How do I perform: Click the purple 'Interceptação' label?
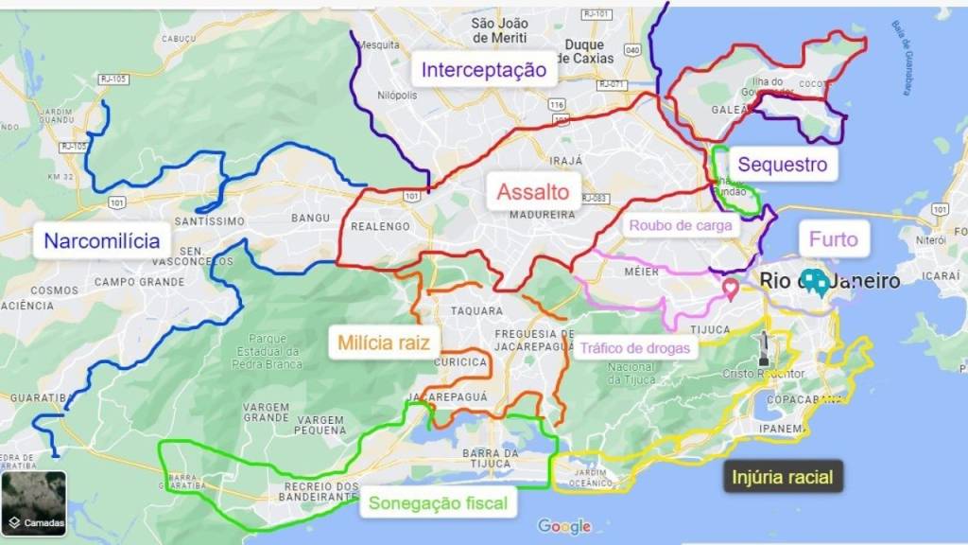pyautogui.click(x=484, y=69)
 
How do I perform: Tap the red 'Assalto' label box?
pyautogui.click(x=534, y=193)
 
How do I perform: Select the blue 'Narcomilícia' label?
pyautogui.click(x=102, y=240)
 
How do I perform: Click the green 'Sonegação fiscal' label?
pyautogui.click(x=438, y=504)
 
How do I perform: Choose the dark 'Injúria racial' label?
pyautogui.click(x=783, y=477)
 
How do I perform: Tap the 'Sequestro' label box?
pyautogui.click(x=782, y=165)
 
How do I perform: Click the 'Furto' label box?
pyautogui.click(x=833, y=239)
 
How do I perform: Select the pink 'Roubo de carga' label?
pyautogui.click(x=680, y=225)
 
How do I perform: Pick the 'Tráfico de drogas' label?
pyautogui.click(x=633, y=347)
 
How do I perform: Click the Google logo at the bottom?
pyautogui.click(x=563, y=526)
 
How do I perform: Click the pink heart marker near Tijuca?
pyautogui.click(x=730, y=289)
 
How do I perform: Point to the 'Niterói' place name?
pyautogui.click(x=932, y=241)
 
